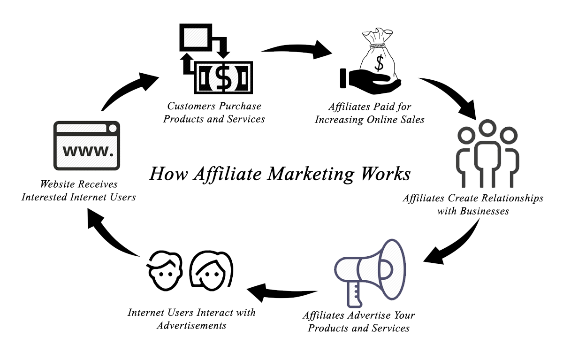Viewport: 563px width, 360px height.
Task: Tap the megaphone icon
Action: pos(370,273)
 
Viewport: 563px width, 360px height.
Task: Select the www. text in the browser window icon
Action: pos(88,151)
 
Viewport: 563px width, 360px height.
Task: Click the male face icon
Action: pos(165,270)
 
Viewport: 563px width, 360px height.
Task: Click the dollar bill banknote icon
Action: pos(223,77)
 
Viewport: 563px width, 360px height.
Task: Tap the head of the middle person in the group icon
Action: pos(487,128)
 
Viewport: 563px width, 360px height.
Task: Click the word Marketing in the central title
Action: pos(311,174)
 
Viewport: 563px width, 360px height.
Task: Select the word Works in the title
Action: pos(386,174)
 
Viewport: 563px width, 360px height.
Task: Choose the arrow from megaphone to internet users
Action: pos(281,293)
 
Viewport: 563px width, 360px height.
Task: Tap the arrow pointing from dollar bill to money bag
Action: pos(297,49)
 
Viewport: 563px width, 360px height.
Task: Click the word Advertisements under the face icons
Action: pos(191,326)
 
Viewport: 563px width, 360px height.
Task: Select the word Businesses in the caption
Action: pos(484,211)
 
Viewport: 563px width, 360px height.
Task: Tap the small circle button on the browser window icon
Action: pos(113,129)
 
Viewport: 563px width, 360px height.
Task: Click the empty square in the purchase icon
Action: pos(196,37)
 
